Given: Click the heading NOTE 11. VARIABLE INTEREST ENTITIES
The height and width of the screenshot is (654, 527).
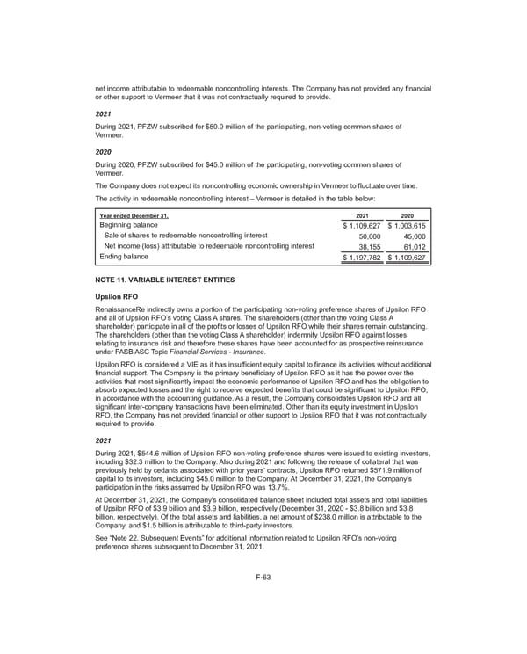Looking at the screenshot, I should (x=164, y=280).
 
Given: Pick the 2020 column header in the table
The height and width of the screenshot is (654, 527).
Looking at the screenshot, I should (x=408, y=216).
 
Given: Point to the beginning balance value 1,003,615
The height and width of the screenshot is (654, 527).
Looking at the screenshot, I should (x=407, y=226).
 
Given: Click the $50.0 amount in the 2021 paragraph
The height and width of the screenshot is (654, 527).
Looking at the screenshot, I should (x=236, y=127).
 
